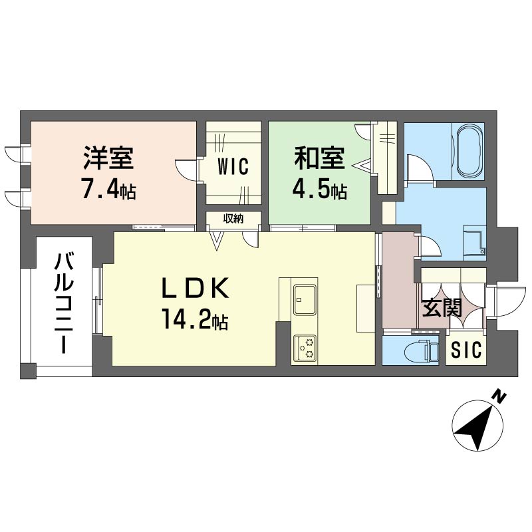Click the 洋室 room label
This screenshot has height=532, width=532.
point(108,158)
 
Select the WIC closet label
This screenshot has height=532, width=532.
point(233,167)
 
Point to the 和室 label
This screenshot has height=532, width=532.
point(319,158)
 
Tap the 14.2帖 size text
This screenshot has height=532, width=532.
point(195,320)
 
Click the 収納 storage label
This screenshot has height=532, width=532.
point(233,219)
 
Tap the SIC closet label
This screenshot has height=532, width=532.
point(466,350)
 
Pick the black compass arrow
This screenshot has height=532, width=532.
point(474,428)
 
